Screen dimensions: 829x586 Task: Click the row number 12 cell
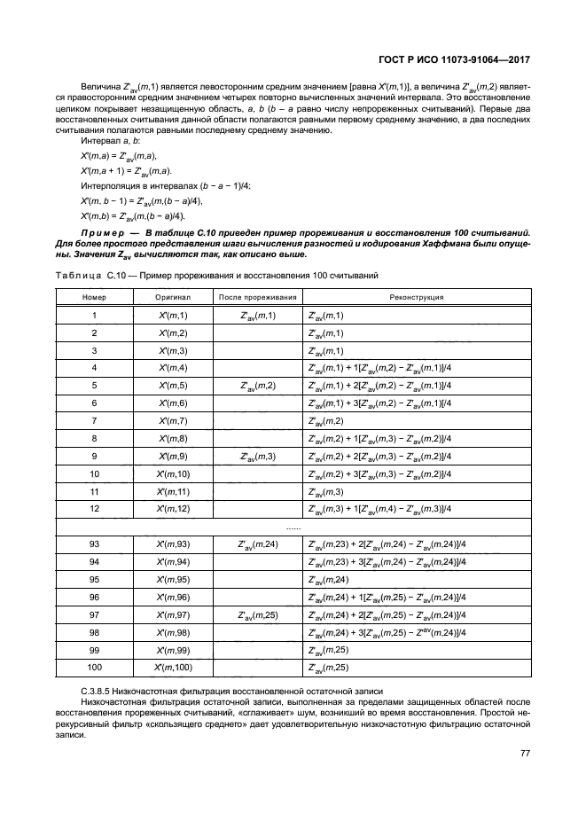[94, 508]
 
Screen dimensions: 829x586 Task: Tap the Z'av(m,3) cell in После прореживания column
[258, 456]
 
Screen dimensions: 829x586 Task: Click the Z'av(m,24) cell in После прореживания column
[258, 544]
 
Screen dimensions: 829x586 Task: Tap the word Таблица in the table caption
[78, 276]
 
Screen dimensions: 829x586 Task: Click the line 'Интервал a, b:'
[110, 141]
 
